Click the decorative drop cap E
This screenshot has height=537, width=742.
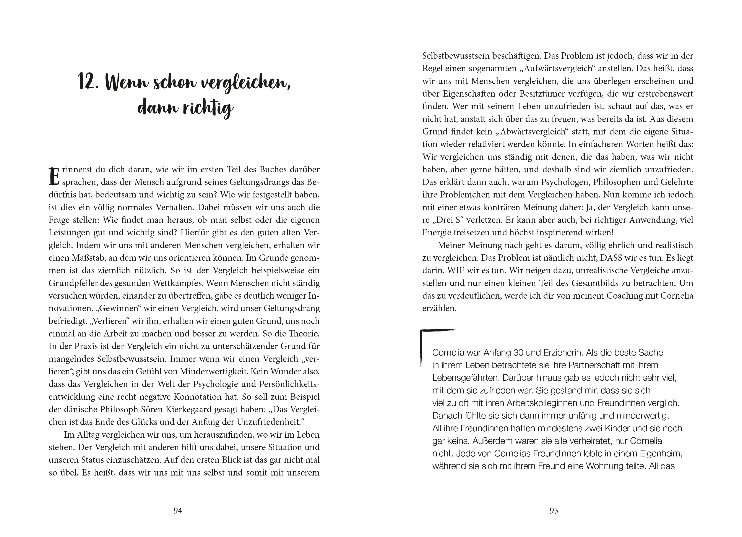click(53, 177)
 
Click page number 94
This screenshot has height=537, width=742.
click(178, 510)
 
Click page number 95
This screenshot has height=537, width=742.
click(554, 510)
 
